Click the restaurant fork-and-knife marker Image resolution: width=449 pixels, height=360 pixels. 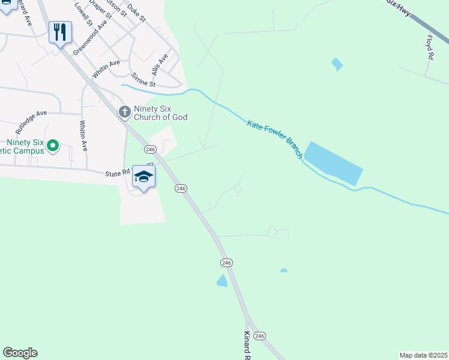tap(60, 31)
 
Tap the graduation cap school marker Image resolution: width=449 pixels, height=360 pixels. tap(143, 176)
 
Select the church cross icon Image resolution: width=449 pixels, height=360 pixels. tap(124, 112)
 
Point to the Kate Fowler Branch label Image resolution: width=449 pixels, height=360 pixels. tap(275, 139)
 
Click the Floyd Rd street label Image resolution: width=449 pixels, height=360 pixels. tap(430, 47)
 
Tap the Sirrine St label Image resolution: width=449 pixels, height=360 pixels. tap(143, 81)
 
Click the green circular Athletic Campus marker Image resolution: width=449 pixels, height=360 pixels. tap(52, 145)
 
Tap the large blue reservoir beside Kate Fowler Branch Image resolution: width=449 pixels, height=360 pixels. tap(334, 163)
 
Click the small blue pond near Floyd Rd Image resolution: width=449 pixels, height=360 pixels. tap(337, 64)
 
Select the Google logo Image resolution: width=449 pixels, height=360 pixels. tap(20, 353)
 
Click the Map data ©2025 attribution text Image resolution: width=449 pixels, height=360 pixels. tap(423, 355)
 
